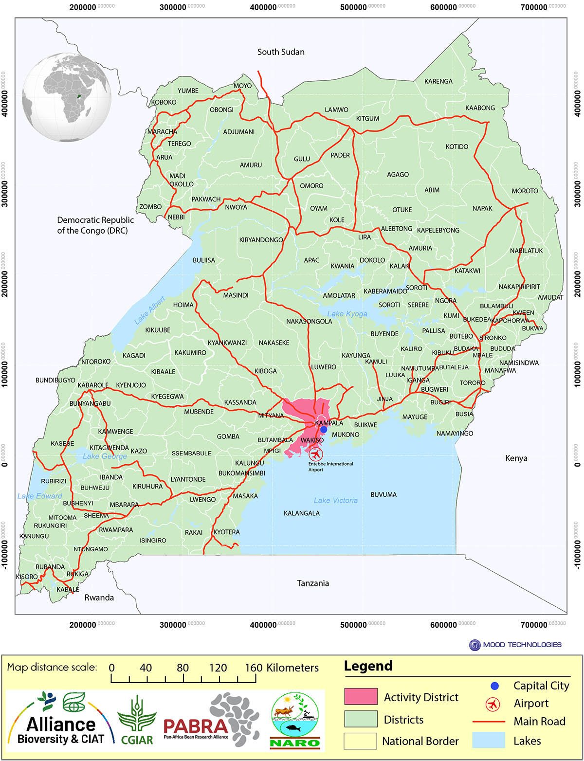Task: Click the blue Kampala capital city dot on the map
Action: point(324,429)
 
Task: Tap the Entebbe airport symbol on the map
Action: point(316,454)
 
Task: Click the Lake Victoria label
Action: point(335,500)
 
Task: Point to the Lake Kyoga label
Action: point(347,314)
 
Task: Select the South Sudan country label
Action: point(281,52)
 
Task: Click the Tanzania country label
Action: point(313,583)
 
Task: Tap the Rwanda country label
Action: point(99,598)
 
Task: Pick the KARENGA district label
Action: point(438,81)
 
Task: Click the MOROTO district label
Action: point(525,191)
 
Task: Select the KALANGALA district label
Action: point(302,513)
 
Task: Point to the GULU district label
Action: point(302,159)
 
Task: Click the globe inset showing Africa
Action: point(67,97)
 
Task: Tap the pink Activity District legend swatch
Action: point(361,696)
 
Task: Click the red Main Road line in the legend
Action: point(489,722)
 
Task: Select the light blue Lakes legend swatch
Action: point(489,740)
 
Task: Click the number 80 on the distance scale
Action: point(182,668)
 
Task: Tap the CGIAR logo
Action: point(137,721)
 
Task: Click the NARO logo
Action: point(294,720)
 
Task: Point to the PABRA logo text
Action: point(196,727)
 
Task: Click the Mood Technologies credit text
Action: point(522,645)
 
